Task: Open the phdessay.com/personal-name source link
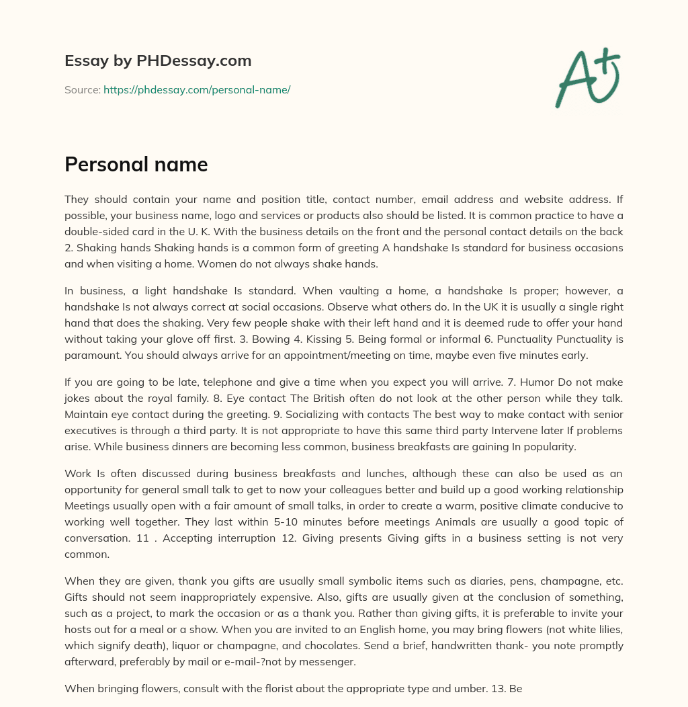[196, 89]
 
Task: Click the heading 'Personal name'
[136, 164]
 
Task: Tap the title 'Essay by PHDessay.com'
[158, 60]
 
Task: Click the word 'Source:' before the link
[82, 89]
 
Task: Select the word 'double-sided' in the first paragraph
[95, 231]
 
